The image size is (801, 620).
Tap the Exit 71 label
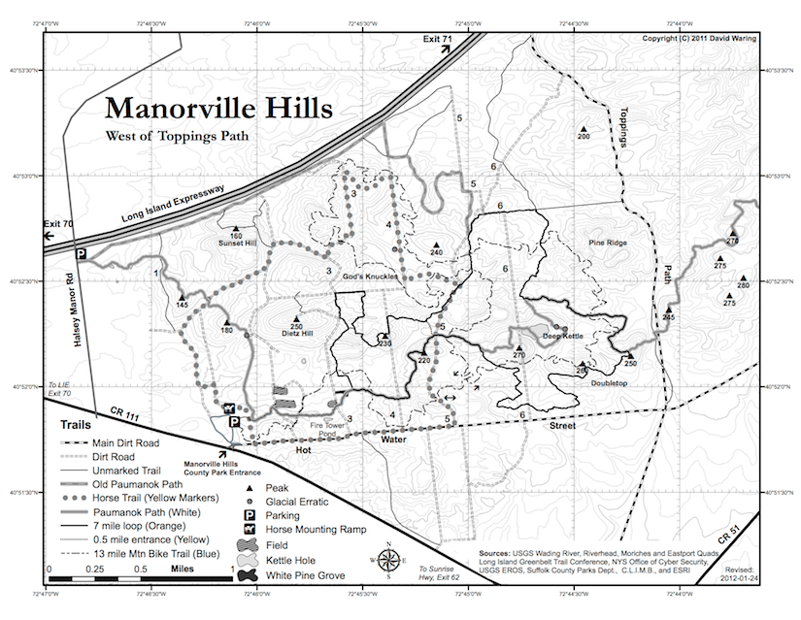437,38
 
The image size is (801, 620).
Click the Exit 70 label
57,224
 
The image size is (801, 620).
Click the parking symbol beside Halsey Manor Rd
83,253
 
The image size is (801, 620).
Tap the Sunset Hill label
236,244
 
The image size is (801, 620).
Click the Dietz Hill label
296,334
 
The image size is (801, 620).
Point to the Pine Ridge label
608,243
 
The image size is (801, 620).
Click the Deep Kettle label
562,337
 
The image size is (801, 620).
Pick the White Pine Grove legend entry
292,574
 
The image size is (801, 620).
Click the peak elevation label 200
584,138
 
